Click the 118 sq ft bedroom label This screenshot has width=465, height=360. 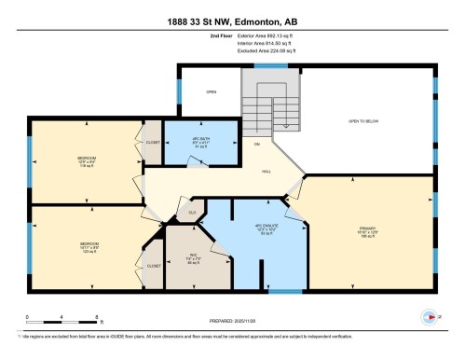(x=87, y=162)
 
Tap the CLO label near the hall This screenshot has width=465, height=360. (x=191, y=213)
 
